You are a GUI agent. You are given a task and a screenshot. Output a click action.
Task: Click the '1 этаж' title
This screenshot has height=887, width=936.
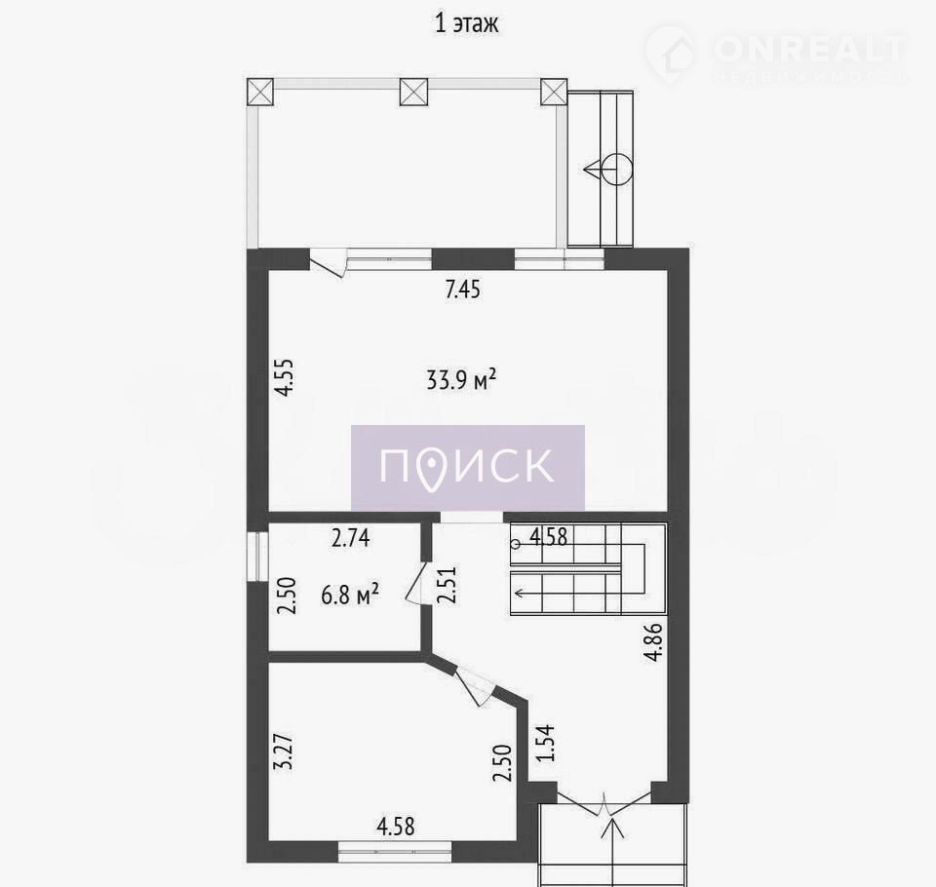click(466, 23)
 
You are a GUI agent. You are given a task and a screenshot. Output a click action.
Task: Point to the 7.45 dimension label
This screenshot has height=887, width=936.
click(462, 289)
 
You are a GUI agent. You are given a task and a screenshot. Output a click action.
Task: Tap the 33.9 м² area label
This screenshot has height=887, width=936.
click(461, 379)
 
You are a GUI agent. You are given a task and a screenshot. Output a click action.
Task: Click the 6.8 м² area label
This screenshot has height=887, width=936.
click(350, 595)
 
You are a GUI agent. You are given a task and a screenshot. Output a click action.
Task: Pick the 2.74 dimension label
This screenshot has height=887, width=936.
click(351, 538)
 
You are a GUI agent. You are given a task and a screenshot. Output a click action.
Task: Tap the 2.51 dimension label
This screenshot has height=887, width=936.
click(448, 586)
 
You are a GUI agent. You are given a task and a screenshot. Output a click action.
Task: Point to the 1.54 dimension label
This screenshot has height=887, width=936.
click(545, 743)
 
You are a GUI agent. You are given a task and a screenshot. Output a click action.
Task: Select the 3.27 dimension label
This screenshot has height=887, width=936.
click(285, 751)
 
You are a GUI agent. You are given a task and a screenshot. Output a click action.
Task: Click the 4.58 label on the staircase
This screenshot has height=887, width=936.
click(549, 537)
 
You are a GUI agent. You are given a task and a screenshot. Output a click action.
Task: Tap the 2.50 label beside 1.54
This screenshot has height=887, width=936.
click(503, 763)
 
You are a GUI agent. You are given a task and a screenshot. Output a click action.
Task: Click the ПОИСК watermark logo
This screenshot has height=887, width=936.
click(467, 467)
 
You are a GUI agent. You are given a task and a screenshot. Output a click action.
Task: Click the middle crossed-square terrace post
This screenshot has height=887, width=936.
click(413, 92)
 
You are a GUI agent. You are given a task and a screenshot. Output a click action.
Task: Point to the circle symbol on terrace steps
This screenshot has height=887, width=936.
click(616, 169)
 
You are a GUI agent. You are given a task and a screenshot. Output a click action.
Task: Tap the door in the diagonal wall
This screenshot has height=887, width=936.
click(475, 686)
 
